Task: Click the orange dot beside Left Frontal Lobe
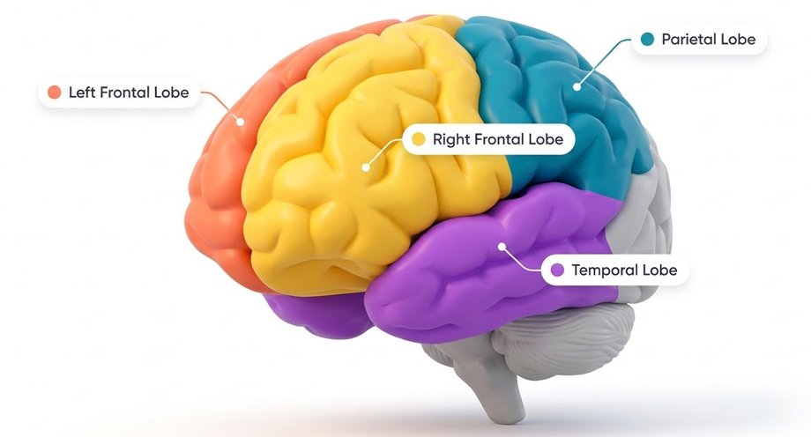click(55, 92)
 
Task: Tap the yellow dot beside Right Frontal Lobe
click(419, 138)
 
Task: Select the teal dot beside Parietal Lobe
click(647, 39)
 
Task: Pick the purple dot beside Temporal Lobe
click(557, 270)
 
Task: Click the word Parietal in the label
click(685, 40)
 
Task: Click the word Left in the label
click(82, 93)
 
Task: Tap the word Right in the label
click(451, 139)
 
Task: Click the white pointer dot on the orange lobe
click(240, 122)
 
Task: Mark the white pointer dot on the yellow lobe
click(366, 167)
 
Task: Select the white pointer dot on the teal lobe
click(577, 87)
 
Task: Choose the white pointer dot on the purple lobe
click(502, 247)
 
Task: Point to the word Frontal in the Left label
click(124, 93)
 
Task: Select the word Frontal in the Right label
click(499, 139)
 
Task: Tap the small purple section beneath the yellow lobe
click(316, 313)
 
